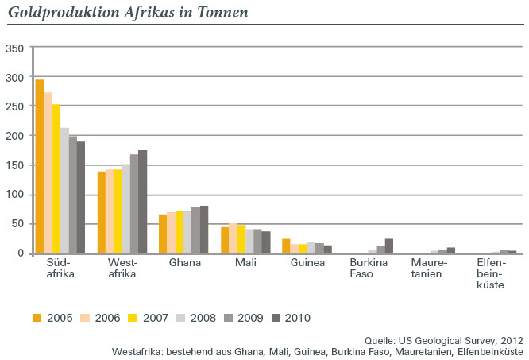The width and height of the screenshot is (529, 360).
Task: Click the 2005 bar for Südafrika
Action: [40, 167]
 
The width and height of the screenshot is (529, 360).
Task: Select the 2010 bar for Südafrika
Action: [81, 198]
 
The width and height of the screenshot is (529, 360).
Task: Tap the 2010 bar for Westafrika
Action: [143, 202]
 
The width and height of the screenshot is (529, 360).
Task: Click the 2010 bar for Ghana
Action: [204, 230]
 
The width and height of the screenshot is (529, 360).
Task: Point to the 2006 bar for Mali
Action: [234, 238]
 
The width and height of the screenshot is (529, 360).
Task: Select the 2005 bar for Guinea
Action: [286, 246]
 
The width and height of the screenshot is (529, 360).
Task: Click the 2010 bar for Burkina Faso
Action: [389, 246]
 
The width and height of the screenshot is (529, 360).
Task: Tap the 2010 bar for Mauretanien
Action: [451, 250]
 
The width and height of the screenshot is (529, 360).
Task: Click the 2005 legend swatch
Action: [37, 318]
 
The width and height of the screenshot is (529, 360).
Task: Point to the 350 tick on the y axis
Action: [14, 48]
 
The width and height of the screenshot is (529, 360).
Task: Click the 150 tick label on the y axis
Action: [14, 165]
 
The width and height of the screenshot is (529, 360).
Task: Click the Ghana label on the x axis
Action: [184, 263]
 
